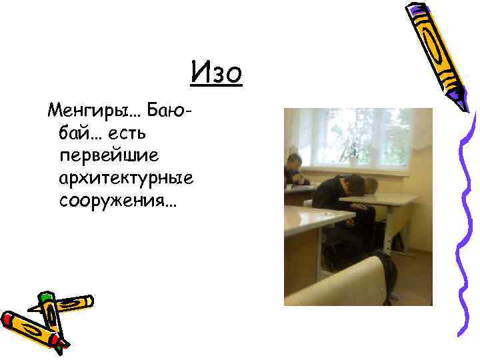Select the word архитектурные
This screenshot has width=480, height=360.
[x=126, y=179]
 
